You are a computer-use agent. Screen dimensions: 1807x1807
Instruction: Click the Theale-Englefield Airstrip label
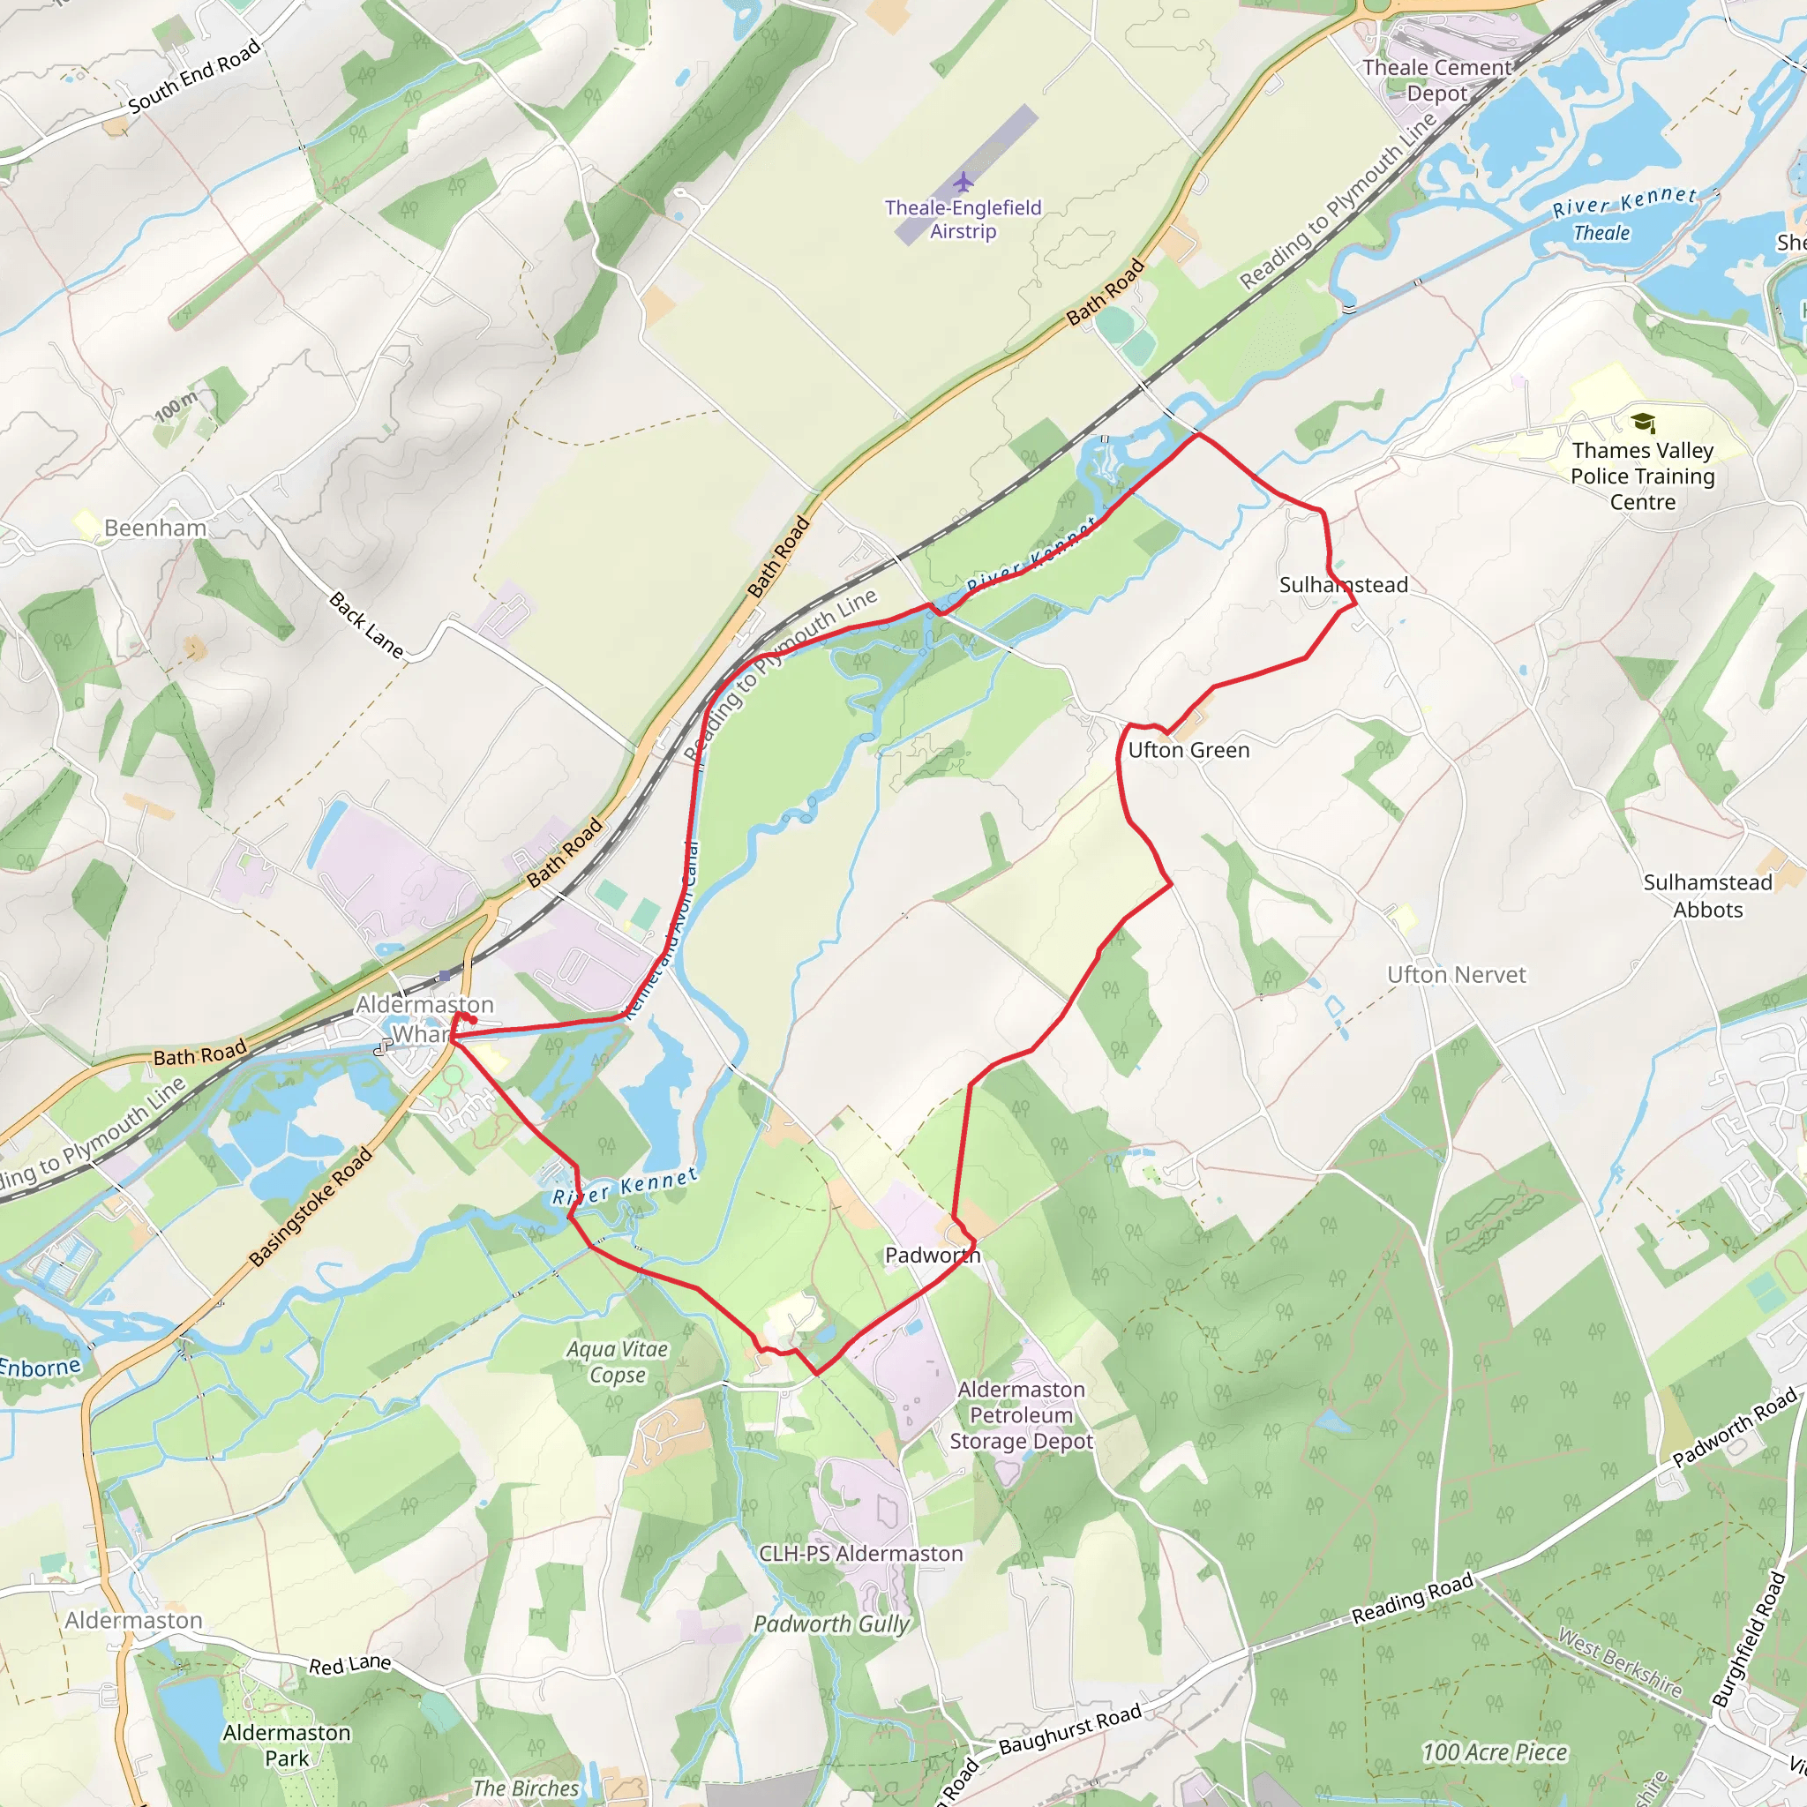tap(963, 219)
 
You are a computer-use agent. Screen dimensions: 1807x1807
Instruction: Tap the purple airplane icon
tap(963, 180)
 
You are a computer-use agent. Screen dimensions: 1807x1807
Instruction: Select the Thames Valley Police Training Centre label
tap(1642, 476)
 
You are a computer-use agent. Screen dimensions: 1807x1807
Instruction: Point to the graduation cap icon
tap(1642, 423)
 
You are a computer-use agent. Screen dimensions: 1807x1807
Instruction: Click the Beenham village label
tap(155, 528)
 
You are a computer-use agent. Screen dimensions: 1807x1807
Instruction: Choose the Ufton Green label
tap(1188, 750)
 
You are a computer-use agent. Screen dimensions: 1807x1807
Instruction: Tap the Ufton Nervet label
tap(1456, 975)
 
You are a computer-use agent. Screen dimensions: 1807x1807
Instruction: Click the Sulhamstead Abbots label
tap(1708, 896)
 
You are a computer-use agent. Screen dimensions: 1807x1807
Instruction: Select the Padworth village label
tap(933, 1256)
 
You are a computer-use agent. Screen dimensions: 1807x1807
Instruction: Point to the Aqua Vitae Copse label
tap(618, 1361)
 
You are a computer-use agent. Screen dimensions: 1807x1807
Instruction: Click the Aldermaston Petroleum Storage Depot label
tap(1022, 1415)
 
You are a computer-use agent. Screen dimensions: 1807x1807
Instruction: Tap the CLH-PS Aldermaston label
tap(860, 1554)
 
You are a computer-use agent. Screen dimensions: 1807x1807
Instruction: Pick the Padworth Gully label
tap(831, 1624)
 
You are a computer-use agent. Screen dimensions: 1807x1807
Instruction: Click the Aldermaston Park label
tap(286, 1745)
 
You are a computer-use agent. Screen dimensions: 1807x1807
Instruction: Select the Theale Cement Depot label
tap(1437, 80)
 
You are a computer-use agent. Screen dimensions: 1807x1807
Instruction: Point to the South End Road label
tap(193, 77)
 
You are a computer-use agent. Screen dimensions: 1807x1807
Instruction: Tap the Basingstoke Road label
tap(311, 1206)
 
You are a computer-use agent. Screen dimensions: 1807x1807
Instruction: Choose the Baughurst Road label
tap(1070, 1729)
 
